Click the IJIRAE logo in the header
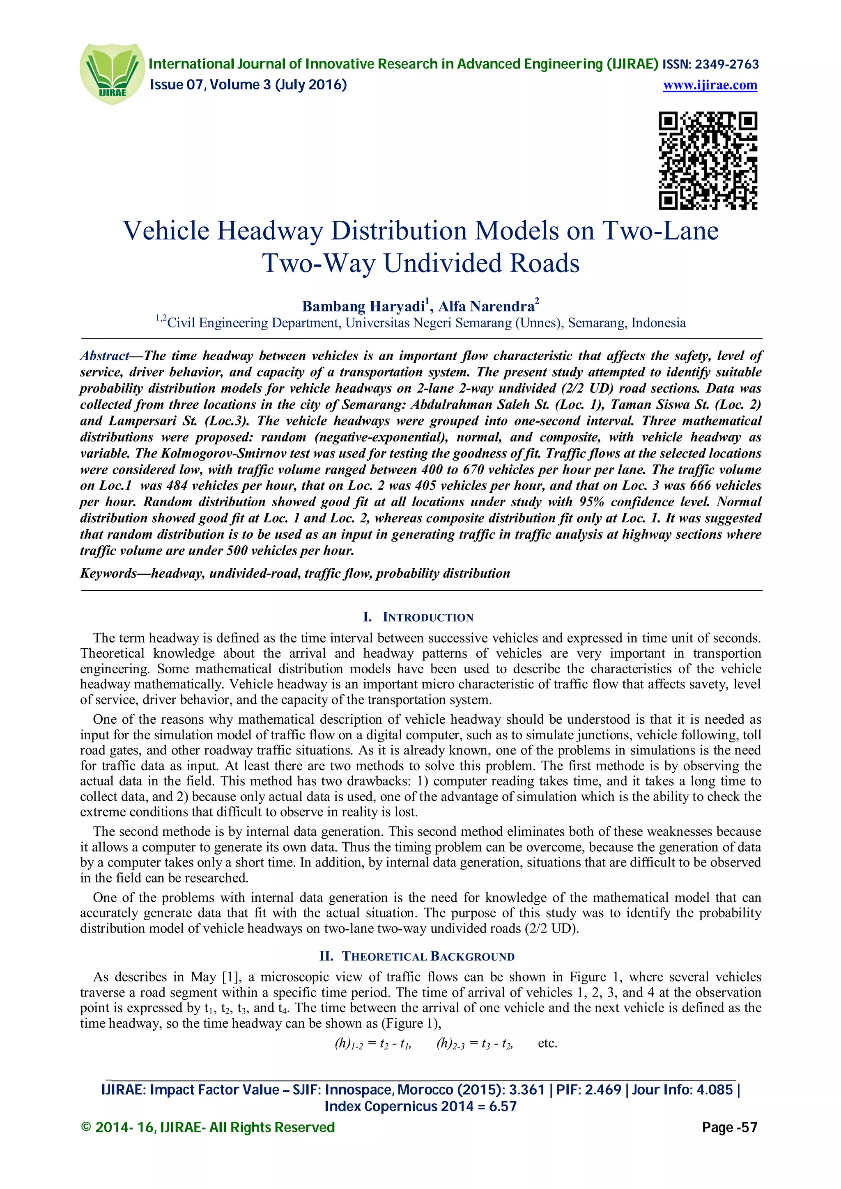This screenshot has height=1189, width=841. click(112, 73)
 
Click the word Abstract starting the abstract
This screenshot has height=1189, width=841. click(104, 356)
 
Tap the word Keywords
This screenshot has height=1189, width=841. click(108, 573)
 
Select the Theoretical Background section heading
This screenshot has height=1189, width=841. click(418, 956)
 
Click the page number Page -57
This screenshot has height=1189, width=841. click(729, 1127)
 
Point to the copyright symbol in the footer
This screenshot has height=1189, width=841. click(86, 1127)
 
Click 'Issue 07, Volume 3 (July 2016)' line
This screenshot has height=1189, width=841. click(248, 85)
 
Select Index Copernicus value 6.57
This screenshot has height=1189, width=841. click(501, 1107)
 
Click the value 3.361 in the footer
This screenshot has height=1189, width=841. click(526, 1090)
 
